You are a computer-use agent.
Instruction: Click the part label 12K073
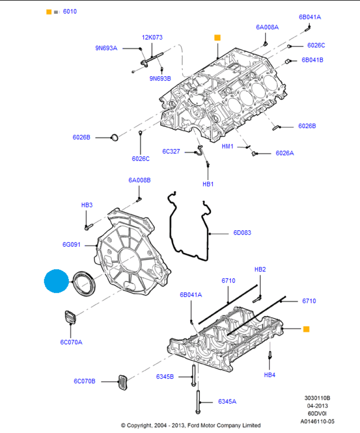pos(152,37)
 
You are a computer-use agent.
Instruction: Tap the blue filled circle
pos(56,281)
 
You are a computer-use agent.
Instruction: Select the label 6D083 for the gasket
pos(242,233)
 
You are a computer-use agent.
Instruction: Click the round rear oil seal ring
pos(84,284)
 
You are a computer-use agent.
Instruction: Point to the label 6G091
pos(71,245)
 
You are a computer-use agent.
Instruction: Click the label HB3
pos(87,205)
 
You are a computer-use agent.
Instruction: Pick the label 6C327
pos(171,151)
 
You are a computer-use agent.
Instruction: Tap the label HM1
pos(227,146)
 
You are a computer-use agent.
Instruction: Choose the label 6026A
pos(285,153)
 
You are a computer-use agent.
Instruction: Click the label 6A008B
pos(139,180)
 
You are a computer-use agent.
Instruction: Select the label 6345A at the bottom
pos(227,401)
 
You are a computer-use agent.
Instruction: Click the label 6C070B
pos(84,381)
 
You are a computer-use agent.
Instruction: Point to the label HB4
pos(269,375)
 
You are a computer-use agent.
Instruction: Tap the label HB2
pos(260,269)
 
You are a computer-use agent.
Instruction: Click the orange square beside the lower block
pos(306,329)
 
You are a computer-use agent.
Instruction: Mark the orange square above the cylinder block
pos(217,38)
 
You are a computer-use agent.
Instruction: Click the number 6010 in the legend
pos(70,12)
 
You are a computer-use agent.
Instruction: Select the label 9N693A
pos(107,48)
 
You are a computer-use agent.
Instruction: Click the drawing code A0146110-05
pos(317,421)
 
